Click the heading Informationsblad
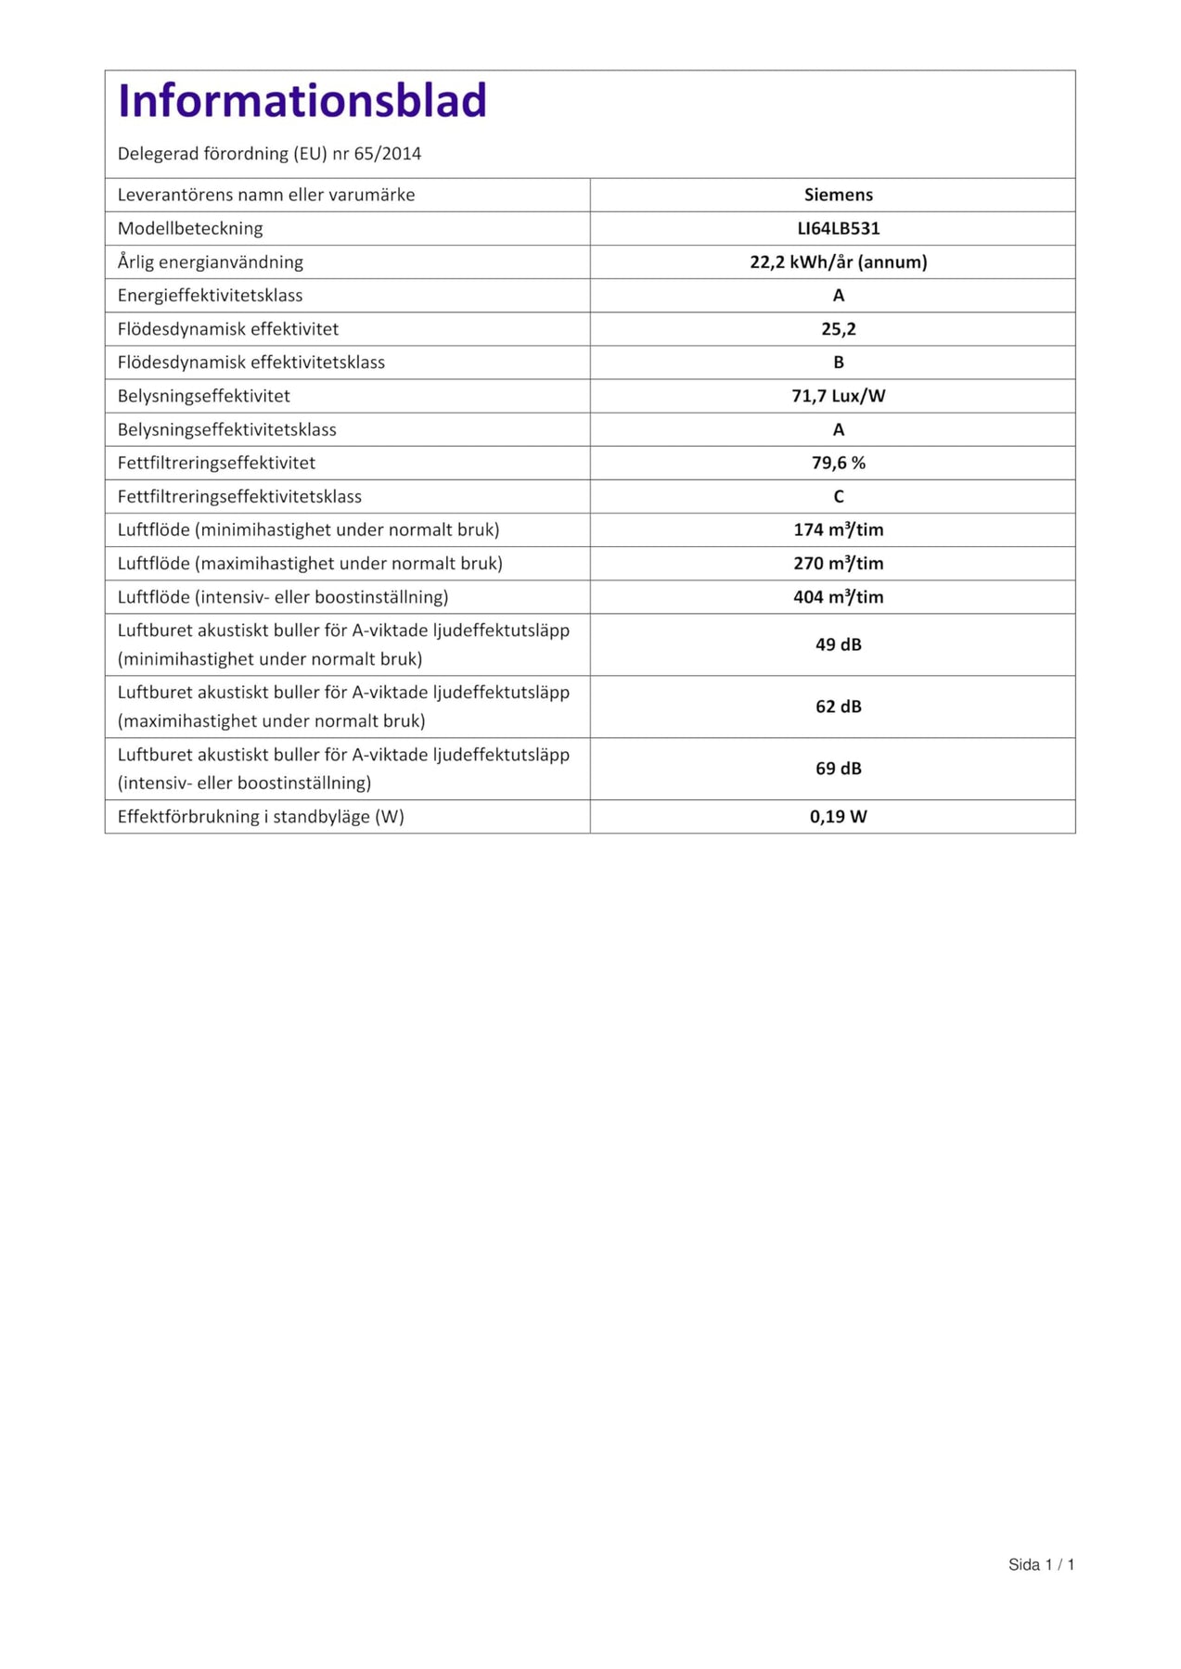(x=302, y=101)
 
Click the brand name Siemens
(x=838, y=195)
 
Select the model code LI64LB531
(x=838, y=228)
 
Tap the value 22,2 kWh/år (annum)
(x=838, y=261)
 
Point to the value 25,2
(x=838, y=329)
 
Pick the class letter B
(x=838, y=363)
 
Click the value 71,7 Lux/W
(x=838, y=396)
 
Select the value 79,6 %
(x=838, y=463)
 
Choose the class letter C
(x=838, y=497)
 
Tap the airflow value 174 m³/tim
(x=838, y=529)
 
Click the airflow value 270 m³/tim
(x=838, y=563)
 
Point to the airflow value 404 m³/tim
(x=838, y=597)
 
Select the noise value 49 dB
(x=838, y=644)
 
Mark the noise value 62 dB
(x=838, y=707)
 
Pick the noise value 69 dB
(x=838, y=769)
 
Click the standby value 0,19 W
(x=838, y=817)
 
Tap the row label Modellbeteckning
(x=190, y=228)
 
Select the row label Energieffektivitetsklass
(x=210, y=296)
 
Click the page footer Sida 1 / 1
(x=1041, y=1564)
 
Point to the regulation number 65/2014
(x=388, y=154)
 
